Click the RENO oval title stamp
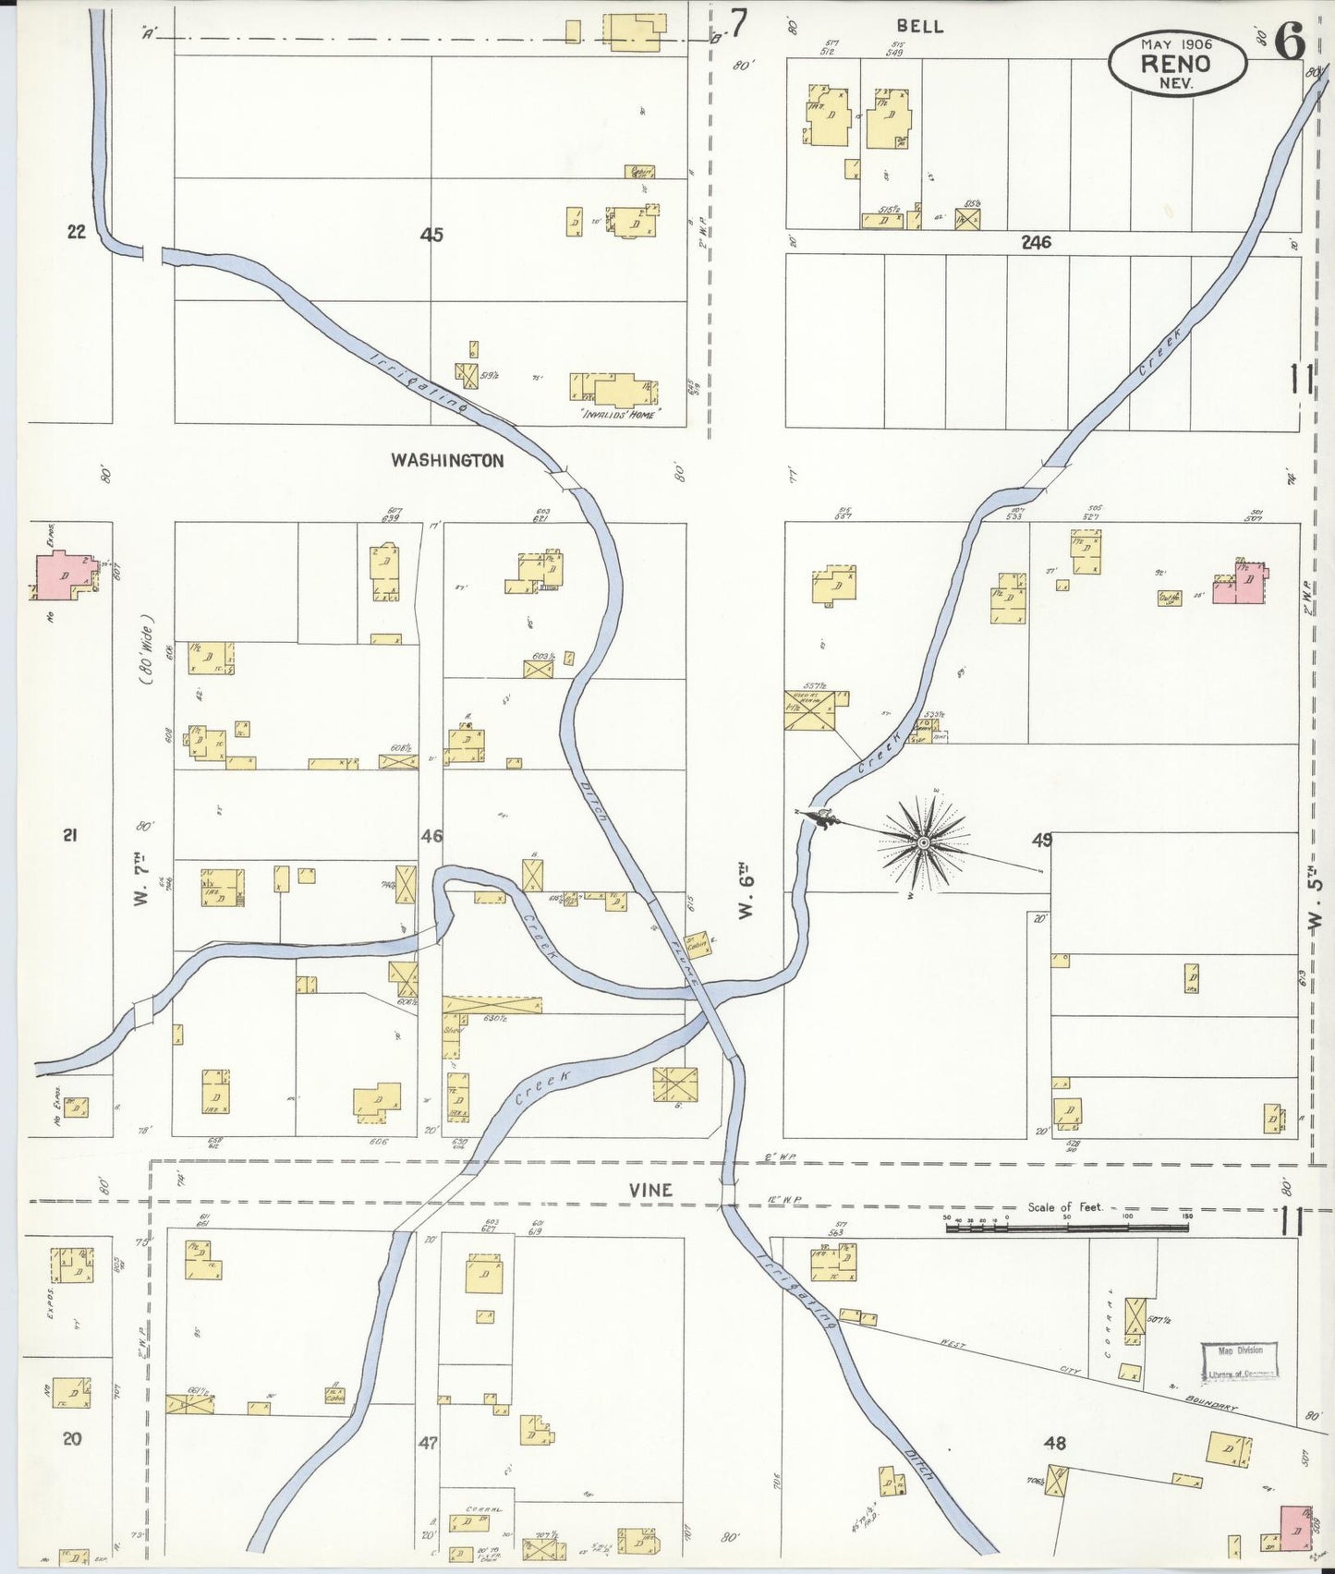tap(1176, 63)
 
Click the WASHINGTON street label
tap(447, 460)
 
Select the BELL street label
tap(920, 26)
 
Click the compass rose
tap(923, 842)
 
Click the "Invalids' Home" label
tap(618, 415)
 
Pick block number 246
tap(1036, 243)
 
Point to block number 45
tap(431, 235)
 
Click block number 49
tap(1042, 840)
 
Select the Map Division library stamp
tap(1239, 1362)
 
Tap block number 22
tap(77, 232)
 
